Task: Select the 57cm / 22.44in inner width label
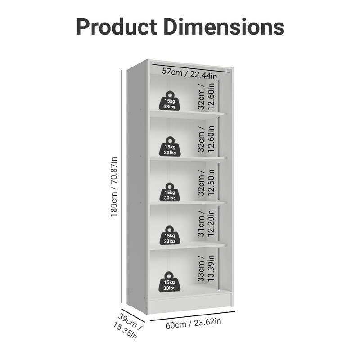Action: point(189,72)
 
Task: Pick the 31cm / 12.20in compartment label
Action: point(205,224)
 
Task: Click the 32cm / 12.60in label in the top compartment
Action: point(205,96)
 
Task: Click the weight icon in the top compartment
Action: point(170,101)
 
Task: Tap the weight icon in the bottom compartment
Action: point(170,282)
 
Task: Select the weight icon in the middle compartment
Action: point(170,192)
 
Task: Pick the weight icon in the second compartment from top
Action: point(170,147)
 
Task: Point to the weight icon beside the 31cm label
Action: point(170,235)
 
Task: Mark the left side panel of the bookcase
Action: point(137,189)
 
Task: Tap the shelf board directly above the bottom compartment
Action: point(187,246)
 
